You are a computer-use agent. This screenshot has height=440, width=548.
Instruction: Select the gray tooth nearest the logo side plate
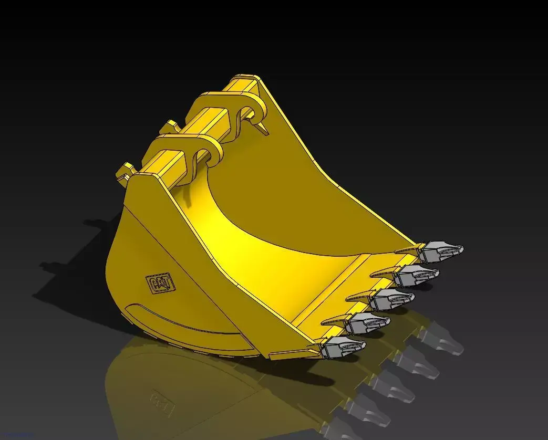click(x=343, y=347)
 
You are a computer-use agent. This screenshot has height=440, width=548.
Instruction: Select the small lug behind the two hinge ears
click(x=169, y=127)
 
